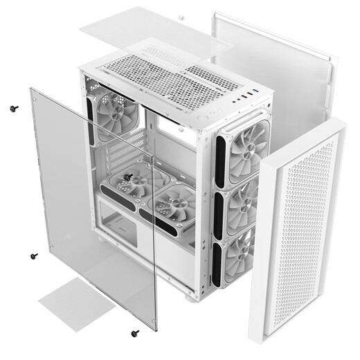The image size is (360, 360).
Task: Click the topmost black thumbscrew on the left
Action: (13, 108)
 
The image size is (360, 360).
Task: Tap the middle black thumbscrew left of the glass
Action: (34, 256)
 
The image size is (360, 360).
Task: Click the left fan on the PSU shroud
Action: (129, 187)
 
